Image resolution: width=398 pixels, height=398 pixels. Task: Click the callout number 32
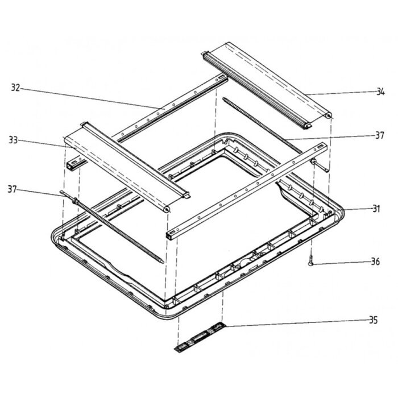click(15, 88)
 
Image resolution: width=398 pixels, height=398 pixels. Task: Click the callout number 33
click(13, 140)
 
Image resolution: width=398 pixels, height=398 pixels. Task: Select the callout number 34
click(380, 92)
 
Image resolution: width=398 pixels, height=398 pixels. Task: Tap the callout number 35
click(373, 320)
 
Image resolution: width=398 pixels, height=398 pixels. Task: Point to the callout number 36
click(375, 261)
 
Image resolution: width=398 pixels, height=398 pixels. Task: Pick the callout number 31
click(376, 209)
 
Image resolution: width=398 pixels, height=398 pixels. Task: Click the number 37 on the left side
click(12, 189)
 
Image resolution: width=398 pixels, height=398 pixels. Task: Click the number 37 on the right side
click(380, 135)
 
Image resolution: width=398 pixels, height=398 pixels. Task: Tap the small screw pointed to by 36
click(311, 260)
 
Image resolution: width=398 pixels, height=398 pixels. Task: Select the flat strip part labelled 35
click(200, 337)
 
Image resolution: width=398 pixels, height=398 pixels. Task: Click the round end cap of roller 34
click(328, 116)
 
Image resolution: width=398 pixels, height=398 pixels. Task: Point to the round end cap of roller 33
click(167, 209)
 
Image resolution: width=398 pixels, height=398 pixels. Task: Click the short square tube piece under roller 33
click(73, 163)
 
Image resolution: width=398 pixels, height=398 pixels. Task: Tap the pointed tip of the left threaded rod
click(163, 263)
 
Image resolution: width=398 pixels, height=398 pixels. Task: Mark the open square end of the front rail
click(169, 235)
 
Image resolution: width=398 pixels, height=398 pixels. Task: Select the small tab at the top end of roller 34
click(204, 53)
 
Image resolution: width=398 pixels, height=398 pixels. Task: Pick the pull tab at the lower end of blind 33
click(186, 195)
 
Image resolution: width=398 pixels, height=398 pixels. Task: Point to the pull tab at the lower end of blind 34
click(308, 126)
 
